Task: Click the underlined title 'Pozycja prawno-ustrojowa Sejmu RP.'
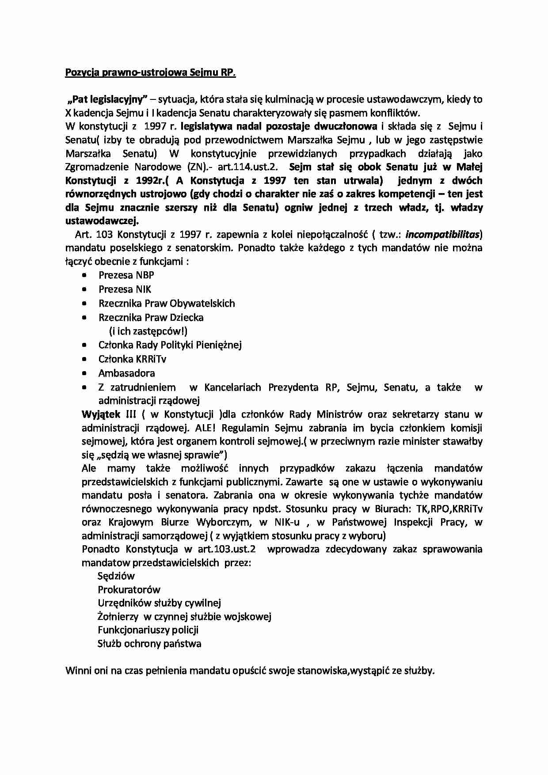pos(150,72)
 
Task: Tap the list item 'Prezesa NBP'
pos(126,275)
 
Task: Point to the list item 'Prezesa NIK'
pos(125,289)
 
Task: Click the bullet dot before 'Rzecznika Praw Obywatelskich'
pos(84,304)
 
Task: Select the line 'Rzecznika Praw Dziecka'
pos(151,318)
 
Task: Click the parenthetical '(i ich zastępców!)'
pos(148,331)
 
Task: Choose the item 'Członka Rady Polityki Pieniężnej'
pos(170,345)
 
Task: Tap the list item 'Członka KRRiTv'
pos(132,359)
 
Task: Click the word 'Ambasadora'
pos(126,373)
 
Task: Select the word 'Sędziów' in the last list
pos(116,576)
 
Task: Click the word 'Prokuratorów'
pos(129,590)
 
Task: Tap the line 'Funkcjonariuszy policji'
pos(148,630)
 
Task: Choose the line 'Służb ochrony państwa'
pos(149,644)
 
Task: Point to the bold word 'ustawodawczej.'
pos(102,220)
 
